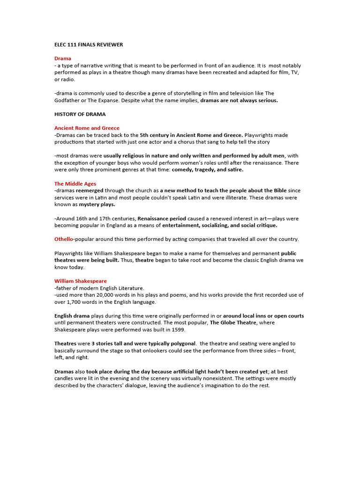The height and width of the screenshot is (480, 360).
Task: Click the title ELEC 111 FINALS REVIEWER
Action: point(89,45)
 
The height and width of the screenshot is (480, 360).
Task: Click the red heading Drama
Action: point(63,59)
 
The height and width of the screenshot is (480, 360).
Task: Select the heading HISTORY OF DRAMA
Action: point(80,114)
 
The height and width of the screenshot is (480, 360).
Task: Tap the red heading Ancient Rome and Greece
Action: point(87,128)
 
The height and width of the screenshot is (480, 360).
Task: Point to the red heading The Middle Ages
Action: point(75,184)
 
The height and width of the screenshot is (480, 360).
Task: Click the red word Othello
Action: point(64,239)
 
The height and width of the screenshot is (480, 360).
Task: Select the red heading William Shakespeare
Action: point(80,281)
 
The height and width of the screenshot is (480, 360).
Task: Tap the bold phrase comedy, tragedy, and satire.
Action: point(208,170)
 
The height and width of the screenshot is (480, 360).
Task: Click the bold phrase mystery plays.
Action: point(97,204)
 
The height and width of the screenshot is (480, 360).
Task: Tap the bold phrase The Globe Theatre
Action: point(232,322)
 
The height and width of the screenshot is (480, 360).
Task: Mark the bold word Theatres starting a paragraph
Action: point(65,344)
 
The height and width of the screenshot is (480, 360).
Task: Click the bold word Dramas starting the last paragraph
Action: point(64,371)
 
